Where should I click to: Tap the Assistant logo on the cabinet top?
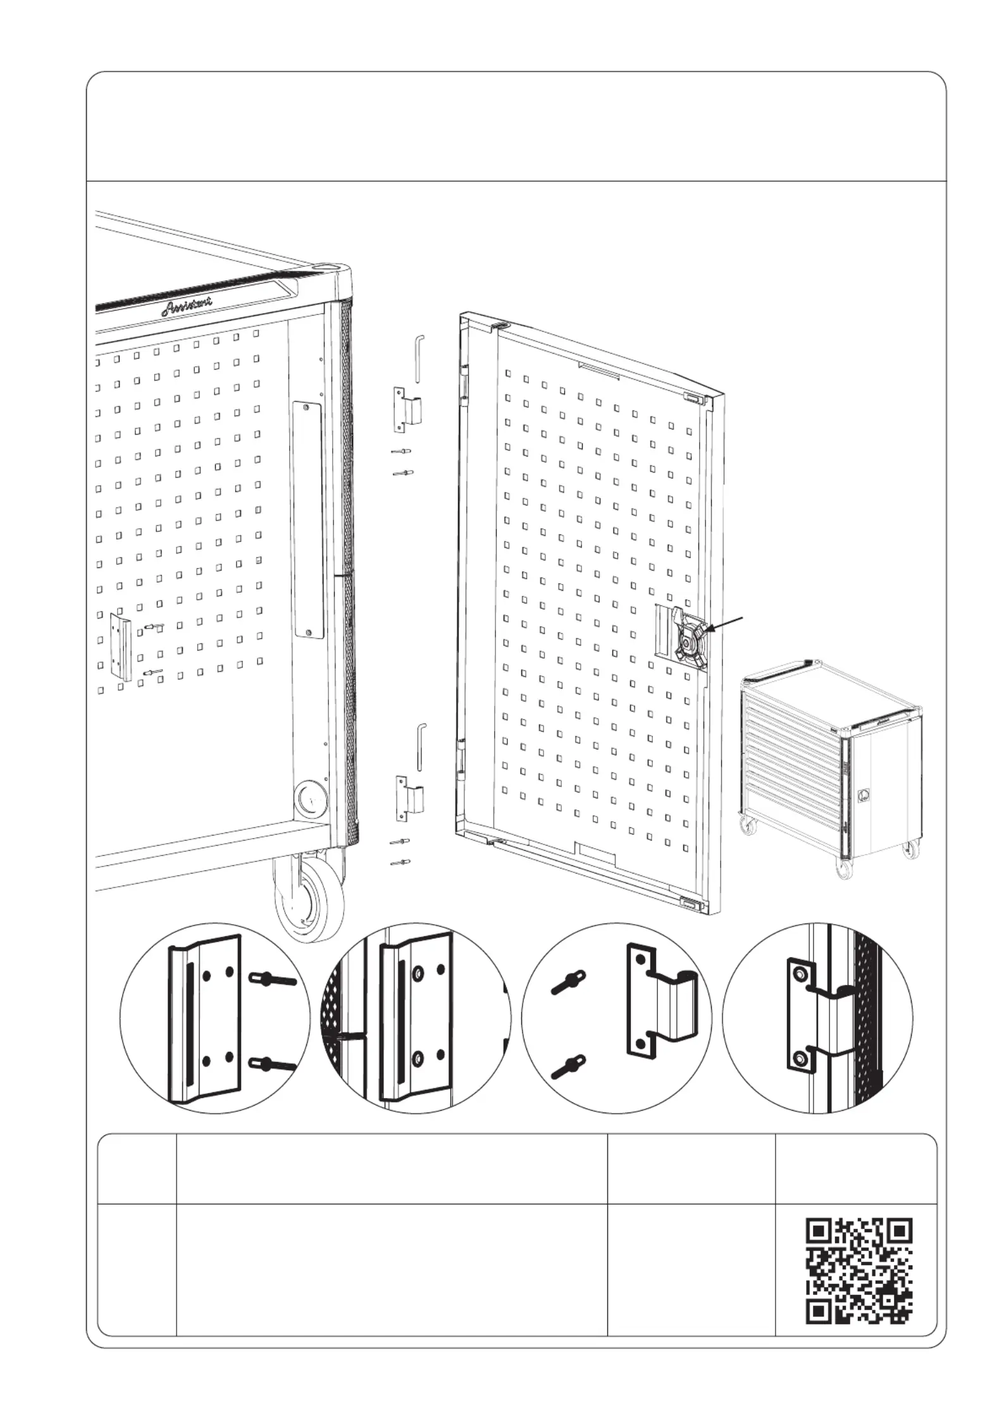tap(187, 306)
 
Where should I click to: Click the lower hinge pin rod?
tap(419, 747)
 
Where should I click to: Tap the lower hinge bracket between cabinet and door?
tap(409, 798)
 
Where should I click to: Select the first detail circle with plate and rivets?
tap(214, 1018)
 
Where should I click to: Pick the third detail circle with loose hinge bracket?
tap(616, 1018)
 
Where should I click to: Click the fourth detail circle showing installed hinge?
tap(817, 1018)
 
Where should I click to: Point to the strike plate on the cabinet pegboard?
tap(121, 646)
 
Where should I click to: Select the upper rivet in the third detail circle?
tap(567, 984)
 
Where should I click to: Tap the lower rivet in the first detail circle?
tap(272, 1065)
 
